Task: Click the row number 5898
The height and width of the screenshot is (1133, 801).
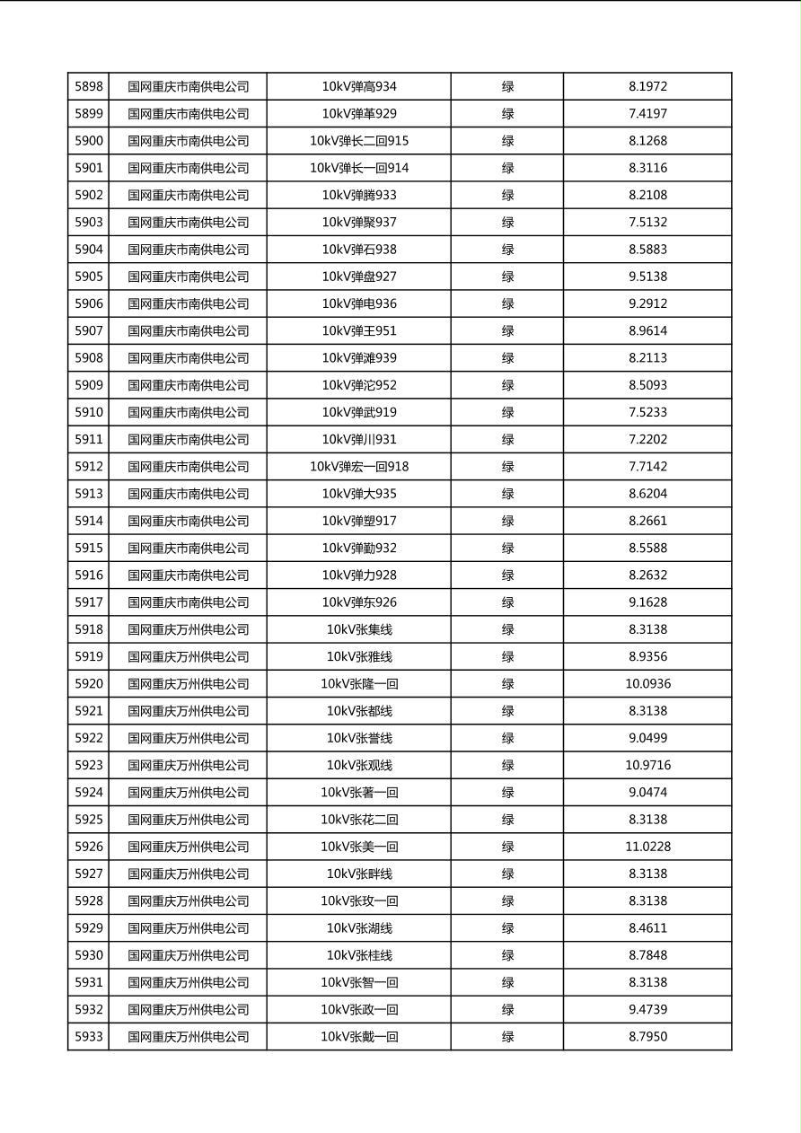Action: (x=89, y=87)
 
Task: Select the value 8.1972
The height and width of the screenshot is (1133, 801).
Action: (x=647, y=87)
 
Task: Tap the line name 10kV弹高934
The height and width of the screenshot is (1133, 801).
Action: (x=359, y=87)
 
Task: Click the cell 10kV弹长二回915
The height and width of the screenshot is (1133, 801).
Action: (x=359, y=141)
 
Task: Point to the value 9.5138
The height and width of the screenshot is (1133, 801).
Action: (x=647, y=277)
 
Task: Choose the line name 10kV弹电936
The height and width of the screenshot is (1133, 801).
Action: (x=359, y=303)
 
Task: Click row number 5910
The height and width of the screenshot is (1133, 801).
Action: (x=89, y=412)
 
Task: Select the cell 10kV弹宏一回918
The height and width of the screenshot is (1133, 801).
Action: (x=359, y=467)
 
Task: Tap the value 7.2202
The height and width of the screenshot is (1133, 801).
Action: (x=647, y=439)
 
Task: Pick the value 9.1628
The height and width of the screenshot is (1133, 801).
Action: (x=647, y=602)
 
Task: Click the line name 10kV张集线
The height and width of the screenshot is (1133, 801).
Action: (x=359, y=629)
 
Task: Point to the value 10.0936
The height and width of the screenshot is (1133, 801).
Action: (x=647, y=684)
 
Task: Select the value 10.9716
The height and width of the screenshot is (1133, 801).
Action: (x=647, y=765)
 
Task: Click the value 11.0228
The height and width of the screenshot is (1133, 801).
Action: (x=647, y=847)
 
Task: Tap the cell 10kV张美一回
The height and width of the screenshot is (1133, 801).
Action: (x=359, y=847)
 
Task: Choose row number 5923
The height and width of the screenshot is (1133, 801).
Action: (x=89, y=765)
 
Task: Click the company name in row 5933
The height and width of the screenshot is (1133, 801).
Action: (x=188, y=1037)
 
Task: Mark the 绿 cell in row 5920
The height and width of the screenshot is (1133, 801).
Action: (x=507, y=684)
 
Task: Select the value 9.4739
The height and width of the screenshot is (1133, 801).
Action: (x=647, y=1009)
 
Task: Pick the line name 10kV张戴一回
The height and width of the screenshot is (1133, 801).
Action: (x=359, y=1037)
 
